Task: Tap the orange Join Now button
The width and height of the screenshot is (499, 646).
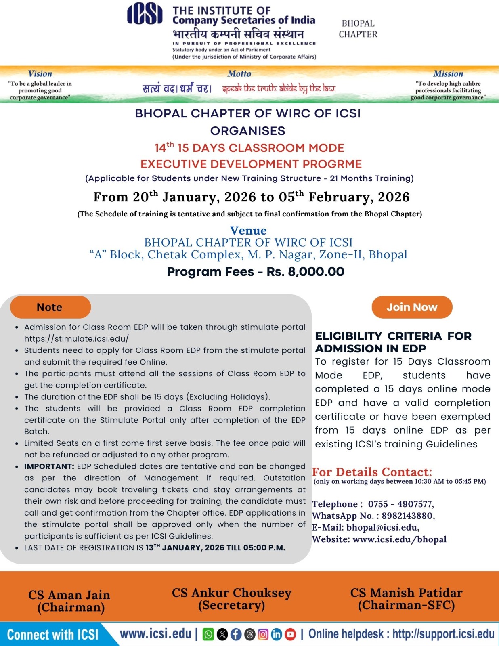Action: [412, 307]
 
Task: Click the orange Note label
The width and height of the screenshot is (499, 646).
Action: [50, 307]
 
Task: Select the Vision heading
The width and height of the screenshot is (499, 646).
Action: [40, 73]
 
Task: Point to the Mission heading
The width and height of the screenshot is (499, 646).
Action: [448, 73]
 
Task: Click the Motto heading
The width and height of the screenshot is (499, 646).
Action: [239, 73]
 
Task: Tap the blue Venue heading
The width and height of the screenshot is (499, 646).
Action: [248, 231]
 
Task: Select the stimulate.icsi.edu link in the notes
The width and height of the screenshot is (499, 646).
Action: [76, 339]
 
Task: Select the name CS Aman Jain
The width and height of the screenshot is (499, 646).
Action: [69, 595]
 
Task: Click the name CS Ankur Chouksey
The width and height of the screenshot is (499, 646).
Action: [231, 593]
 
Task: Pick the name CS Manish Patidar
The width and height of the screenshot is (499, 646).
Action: [406, 593]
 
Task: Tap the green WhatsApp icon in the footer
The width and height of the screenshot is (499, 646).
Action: [208, 634]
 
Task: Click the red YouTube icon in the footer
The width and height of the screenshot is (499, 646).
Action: [290, 634]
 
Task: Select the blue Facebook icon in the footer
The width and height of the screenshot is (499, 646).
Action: [236, 634]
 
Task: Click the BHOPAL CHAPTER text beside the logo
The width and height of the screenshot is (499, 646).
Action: [358, 29]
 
